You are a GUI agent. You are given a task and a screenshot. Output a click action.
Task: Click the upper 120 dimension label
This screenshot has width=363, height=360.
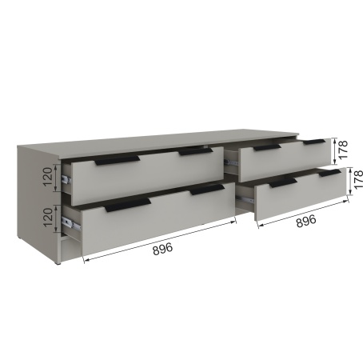click(x=47, y=177)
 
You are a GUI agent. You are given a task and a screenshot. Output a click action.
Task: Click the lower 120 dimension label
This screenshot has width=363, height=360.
click(x=48, y=218)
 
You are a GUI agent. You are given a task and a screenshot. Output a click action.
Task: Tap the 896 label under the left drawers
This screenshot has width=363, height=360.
click(x=163, y=249)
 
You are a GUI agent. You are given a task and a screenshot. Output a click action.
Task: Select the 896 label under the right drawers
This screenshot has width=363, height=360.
click(x=306, y=221)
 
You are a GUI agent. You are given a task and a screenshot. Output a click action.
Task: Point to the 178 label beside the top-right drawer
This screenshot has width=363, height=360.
click(x=343, y=150)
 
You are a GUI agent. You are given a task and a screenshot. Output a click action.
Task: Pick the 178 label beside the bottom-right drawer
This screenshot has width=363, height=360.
click(x=358, y=179)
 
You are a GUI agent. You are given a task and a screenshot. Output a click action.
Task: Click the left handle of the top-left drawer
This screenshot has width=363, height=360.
click(x=118, y=161)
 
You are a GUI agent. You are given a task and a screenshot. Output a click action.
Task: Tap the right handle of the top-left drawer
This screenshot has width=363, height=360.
click(x=195, y=151)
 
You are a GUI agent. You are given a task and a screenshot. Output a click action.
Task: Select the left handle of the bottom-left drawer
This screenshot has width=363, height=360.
click(x=128, y=205)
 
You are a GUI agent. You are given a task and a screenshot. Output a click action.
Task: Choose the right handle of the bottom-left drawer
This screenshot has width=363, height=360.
click(x=207, y=190)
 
